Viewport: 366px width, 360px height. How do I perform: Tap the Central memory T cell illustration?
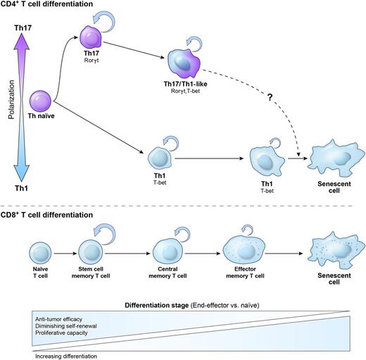click(168, 252)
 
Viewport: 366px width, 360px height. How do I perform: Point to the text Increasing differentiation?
click(65, 356)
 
